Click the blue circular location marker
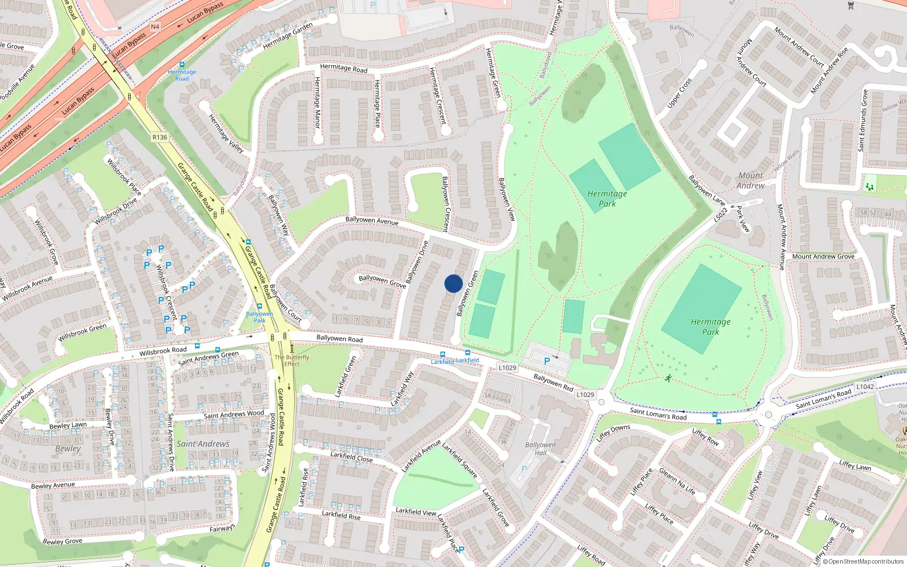[453, 283]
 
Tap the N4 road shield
[155, 27]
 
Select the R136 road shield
[160, 137]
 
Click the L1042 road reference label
[865, 387]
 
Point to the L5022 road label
[720, 214]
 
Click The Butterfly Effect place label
[292, 361]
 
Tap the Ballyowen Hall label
[540, 448]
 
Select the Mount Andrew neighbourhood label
[751, 180]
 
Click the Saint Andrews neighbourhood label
[203, 444]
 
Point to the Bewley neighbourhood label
[68, 448]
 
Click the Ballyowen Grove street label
[382, 281]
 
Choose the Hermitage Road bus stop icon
[181, 65]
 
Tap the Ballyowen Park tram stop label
[260, 317]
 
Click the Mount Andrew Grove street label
[823, 257]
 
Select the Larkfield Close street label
[351, 457]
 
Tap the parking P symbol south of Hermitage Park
[547, 361]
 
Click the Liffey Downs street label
[613, 434]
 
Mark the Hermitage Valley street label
[226, 134]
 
